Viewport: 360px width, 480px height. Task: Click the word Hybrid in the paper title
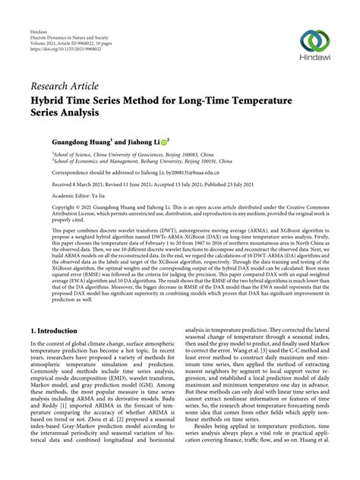click(x=49, y=99)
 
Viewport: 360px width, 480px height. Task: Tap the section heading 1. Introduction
click(x=55, y=331)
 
